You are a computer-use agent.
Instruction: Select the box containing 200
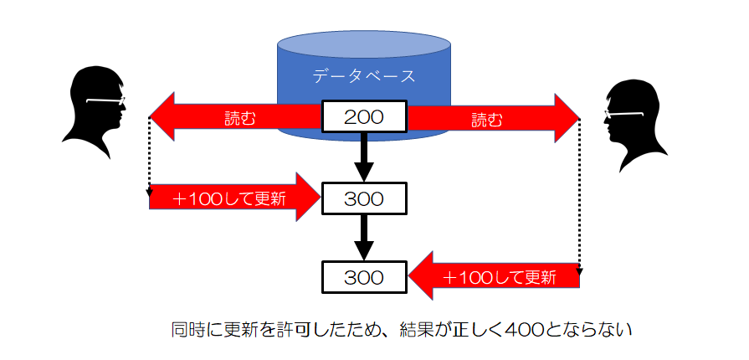364,117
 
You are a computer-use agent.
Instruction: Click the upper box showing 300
364,198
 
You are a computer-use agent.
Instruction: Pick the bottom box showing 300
364,275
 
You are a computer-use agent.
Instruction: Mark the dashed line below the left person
149,159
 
